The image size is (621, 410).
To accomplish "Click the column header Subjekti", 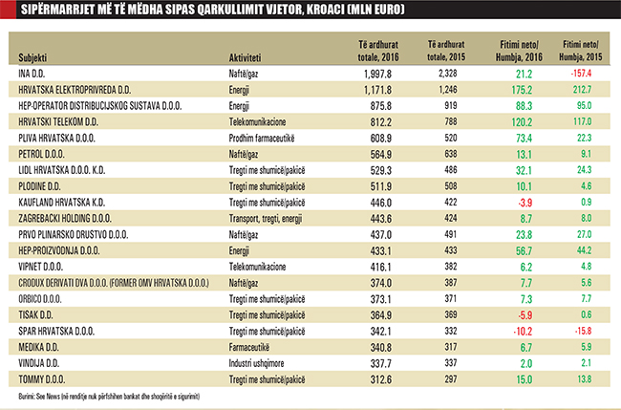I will coord(34,56).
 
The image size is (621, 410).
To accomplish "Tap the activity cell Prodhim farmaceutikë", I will coord(270,139).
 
